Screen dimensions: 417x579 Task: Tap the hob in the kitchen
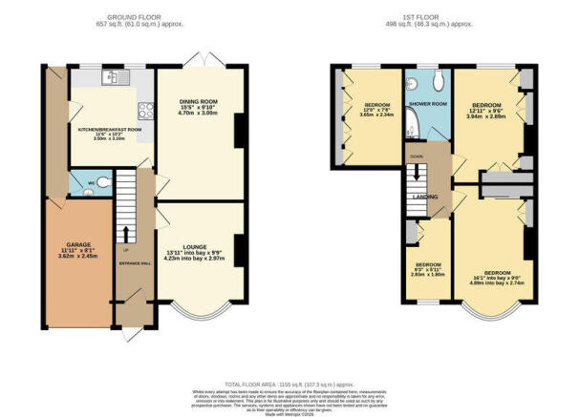[146, 109]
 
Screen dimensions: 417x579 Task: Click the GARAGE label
[78, 243]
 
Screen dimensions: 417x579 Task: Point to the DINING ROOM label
[201, 101]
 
